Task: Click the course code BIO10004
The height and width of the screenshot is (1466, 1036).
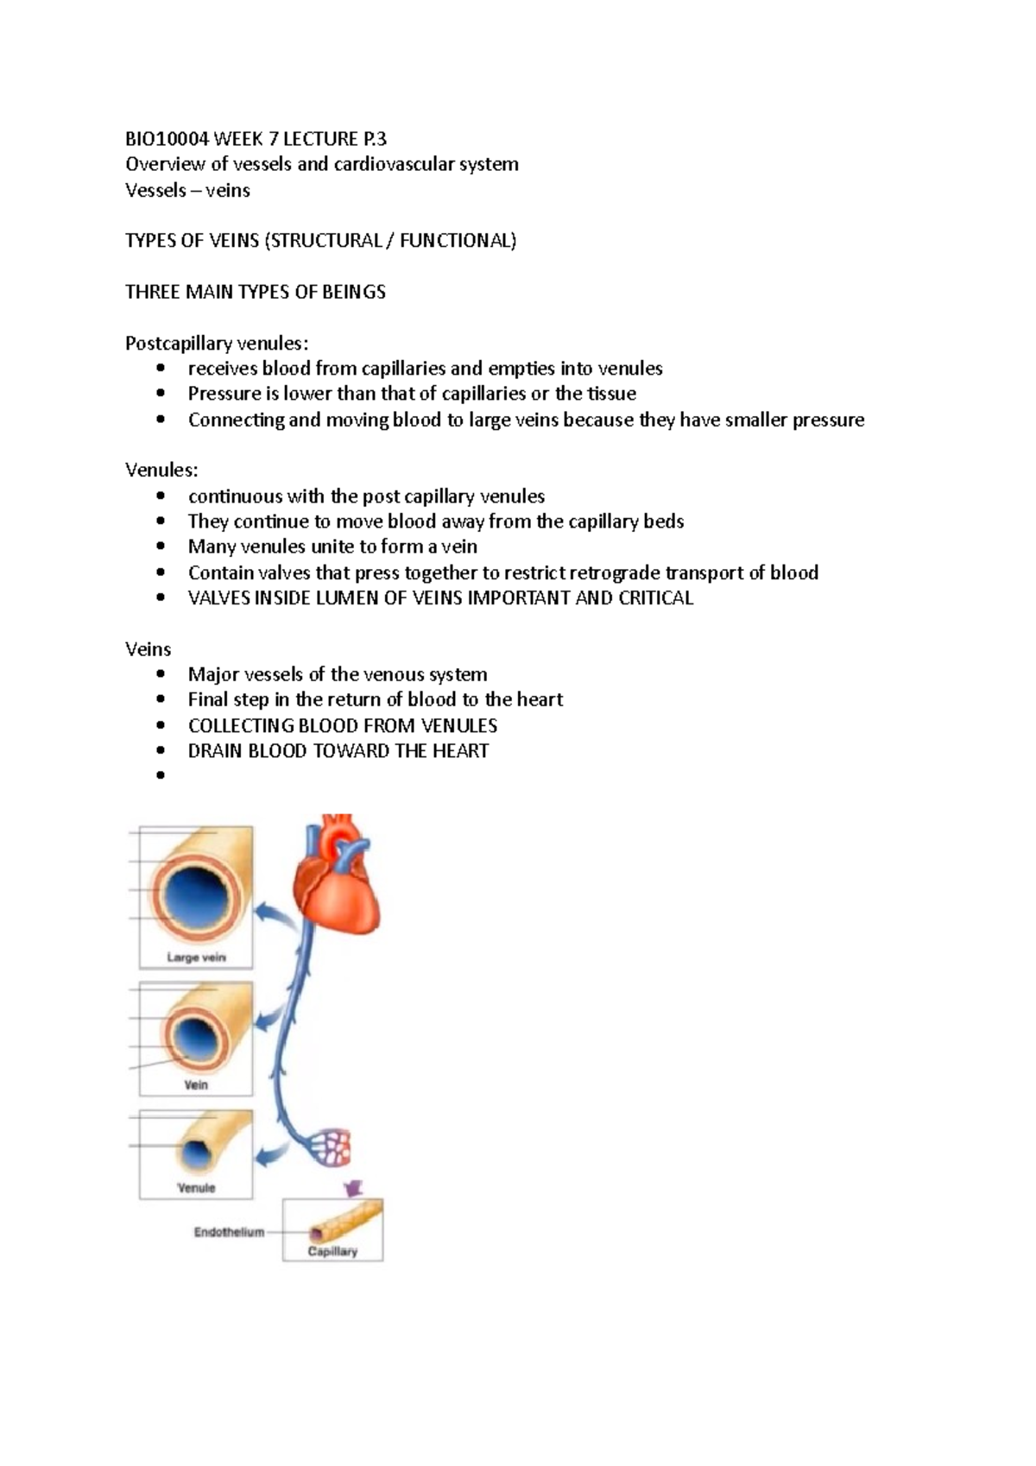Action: tap(167, 139)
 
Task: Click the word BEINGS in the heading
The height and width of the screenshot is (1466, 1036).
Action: tap(354, 292)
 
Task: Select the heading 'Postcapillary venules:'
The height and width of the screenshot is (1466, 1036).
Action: tap(217, 344)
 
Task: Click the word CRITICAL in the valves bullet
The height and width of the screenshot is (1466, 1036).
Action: tap(655, 597)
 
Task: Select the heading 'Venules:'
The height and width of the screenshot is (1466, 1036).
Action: tap(161, 471)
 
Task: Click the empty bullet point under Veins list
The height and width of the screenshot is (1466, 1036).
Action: tap(161, 775)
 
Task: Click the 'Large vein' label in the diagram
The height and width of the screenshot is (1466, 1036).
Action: tap(196, 957)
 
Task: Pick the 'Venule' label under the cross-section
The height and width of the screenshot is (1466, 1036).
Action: tap(196, 1188)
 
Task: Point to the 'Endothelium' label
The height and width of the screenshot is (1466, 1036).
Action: tap(229, 1232)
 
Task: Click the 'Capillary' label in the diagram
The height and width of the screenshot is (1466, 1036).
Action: tap(332, 1251)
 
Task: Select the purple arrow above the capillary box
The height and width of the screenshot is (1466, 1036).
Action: tap(355, 1188)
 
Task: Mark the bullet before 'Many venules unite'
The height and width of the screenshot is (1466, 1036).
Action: tap(161, 547)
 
